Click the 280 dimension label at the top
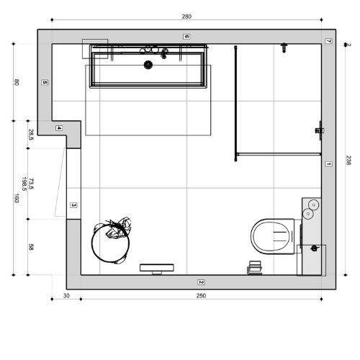tap(186, 17)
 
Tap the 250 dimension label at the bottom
tap(201, 296)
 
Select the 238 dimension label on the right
tap(348, 160)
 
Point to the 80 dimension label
tap(17, 82)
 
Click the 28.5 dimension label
tap(31, 135)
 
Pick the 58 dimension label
tap(31, 247)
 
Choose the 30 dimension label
tap(66, 296)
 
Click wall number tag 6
tap(186, 37)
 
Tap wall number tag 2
tap(201, 282)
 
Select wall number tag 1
tap(328, 164)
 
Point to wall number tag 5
tap(45, 82)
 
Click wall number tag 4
tap(59, 128)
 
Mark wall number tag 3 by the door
tap(73, 205)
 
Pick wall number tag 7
tap(328, 41)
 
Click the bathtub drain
tap(148, 65)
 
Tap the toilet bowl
tap(273, 236)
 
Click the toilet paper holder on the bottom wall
tap(255, 267)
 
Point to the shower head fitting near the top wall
tap(284, 48)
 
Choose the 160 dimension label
tap(17, 198)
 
